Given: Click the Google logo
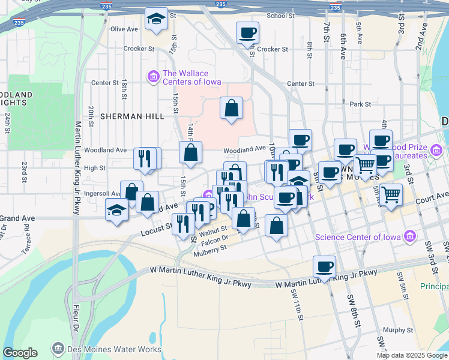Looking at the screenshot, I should (x=20, y=353).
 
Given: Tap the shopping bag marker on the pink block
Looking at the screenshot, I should (x=231, y=109).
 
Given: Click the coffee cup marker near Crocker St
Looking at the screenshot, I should (x=247, y=33).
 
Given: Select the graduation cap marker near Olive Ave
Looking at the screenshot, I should (x=156, y=20).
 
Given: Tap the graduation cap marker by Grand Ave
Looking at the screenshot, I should (x=116, y=210).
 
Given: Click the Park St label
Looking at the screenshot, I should (x=361, y=104).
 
